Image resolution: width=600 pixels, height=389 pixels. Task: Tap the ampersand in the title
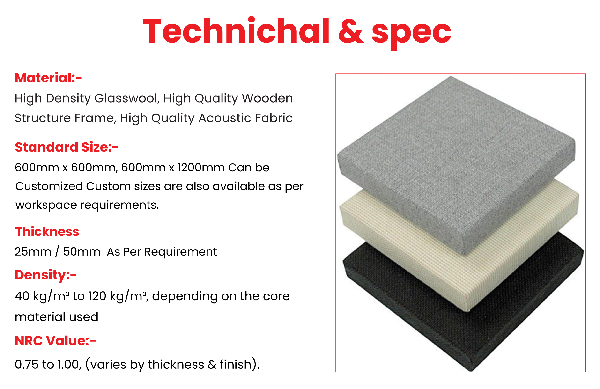351,32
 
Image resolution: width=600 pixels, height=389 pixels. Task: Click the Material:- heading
48,78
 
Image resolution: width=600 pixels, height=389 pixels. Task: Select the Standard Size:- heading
67,147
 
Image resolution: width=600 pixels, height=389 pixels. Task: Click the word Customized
49,186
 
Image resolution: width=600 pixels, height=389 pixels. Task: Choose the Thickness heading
47,231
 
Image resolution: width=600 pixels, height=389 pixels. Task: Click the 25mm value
33,252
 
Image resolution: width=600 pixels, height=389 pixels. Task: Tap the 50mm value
82,252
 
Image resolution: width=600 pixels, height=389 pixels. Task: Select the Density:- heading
46,275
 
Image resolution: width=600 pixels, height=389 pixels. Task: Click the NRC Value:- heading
55,341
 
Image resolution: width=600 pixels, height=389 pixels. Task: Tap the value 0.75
26,365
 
